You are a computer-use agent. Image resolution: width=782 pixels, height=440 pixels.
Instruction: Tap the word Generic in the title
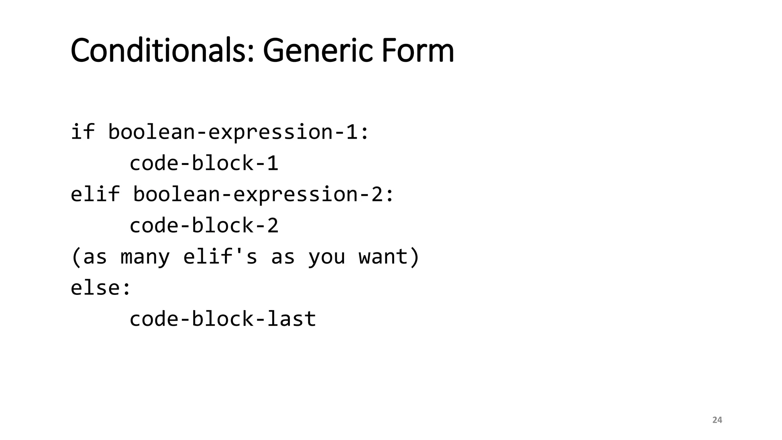[x=317, y=50]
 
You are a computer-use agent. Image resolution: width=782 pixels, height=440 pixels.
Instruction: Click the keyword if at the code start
[x=82, y=132]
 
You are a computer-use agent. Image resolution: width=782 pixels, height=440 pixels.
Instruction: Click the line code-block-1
[x=204, y=163]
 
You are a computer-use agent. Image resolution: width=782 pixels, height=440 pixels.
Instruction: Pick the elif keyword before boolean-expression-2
[x=95, y=194]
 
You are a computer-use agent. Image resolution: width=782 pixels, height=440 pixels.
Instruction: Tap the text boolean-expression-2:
[x=263, y=194]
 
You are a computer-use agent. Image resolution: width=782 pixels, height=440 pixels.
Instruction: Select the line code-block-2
[x=204, y=225]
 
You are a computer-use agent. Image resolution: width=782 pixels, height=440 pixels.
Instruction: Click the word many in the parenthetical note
[x=145, y=257]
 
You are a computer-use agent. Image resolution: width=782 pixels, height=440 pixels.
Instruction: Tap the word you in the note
[x=326, y=257]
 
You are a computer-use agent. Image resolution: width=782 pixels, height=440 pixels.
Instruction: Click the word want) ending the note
[x=389, y=256]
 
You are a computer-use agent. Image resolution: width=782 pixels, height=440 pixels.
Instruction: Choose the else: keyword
[x=101, y=287]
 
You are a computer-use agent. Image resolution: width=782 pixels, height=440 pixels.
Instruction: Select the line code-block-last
[x=223, y=319]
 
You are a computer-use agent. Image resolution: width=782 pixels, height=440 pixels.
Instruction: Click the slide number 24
[x=717, y=420]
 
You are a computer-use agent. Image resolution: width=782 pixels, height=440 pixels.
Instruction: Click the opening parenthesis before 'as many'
[x=76, y=257]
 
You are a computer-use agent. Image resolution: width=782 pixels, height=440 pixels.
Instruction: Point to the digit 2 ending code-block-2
[x=273, y=225]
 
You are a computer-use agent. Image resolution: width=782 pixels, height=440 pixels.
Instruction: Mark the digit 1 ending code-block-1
[x=273, y=163]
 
